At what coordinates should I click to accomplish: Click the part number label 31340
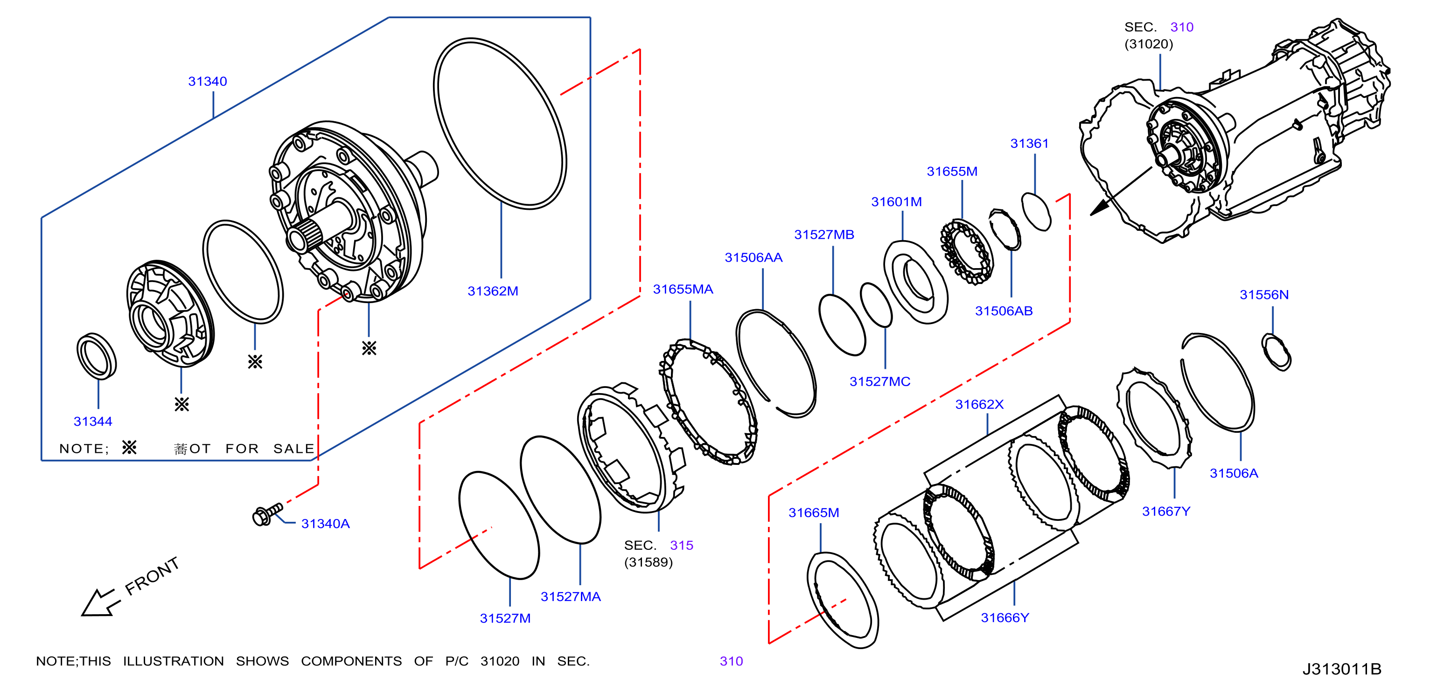(x=208, y=82)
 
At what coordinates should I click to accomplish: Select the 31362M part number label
(x=493, y=291)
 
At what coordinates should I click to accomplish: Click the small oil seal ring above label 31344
(x=97, y=356)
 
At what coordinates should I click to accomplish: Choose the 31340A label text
(x=325, y=524)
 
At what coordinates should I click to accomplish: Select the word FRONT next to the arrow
(x=152, y=576)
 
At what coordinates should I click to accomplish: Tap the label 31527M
(x=505, y=618)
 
